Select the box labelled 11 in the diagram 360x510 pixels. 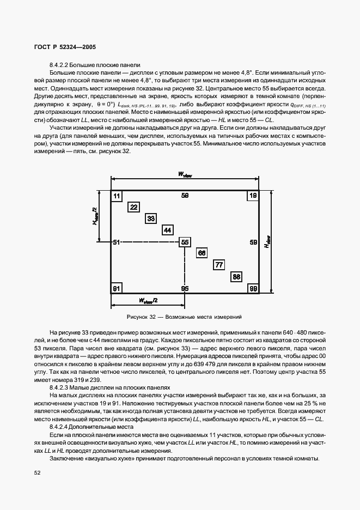coord(117,196)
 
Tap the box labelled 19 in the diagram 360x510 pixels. coord(253,196)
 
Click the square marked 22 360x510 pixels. coord(133,207)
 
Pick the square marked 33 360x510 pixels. coord(151,218)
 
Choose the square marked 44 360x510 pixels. coord(168,230)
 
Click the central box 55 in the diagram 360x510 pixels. coord(185,242)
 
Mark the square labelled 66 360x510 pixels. coord(202,253)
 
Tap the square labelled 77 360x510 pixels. coord(219,265)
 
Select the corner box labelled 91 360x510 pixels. coord(117,288)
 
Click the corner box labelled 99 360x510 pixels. coord(253,288)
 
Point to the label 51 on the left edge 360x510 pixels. coord(116,242)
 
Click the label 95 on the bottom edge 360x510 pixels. coord(185,288)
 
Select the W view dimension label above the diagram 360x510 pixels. coord(185,174)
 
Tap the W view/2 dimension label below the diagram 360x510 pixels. coord(148,301)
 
